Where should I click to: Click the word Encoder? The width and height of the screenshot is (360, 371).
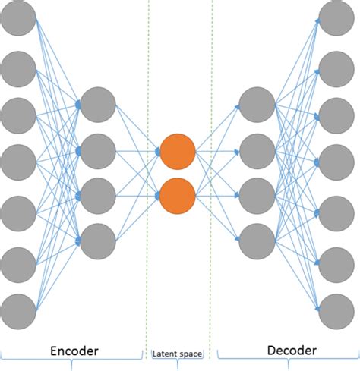coord(74,351)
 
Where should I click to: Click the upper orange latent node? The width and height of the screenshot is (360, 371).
coord(178,151)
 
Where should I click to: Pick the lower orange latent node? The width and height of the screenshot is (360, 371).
coord(178,195)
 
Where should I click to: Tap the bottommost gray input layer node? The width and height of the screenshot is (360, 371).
coord(18,313)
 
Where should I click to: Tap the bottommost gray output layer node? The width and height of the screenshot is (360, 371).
coord(336,313)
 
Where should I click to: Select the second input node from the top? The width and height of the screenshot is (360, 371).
coord(18,69)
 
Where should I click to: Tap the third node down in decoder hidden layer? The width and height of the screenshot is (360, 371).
coord(256,196)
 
